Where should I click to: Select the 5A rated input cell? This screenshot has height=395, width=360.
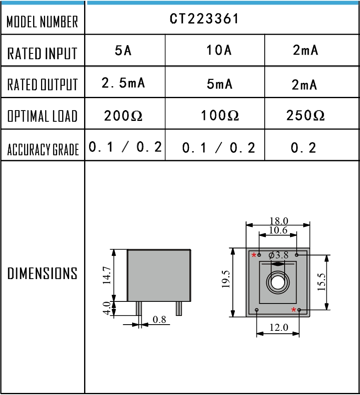pos(123,51)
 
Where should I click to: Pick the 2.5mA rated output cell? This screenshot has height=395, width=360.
pos(123,83)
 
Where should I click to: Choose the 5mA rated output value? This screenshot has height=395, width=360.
pos(219,84)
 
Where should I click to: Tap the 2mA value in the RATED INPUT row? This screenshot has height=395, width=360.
pos(305,51)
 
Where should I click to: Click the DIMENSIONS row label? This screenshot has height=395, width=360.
pos(43,273)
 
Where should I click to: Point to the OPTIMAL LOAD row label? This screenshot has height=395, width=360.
pos(43,116)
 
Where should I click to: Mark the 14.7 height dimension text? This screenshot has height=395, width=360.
pos(107,275)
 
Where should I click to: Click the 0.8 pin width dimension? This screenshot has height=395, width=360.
pos(159,319)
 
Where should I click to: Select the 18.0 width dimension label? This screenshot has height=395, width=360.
pos(278,221)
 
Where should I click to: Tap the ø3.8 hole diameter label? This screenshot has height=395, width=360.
pos(278,255)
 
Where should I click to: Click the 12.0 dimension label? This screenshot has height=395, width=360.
pos(278,328)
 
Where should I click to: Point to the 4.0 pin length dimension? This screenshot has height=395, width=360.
pos(106,308)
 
